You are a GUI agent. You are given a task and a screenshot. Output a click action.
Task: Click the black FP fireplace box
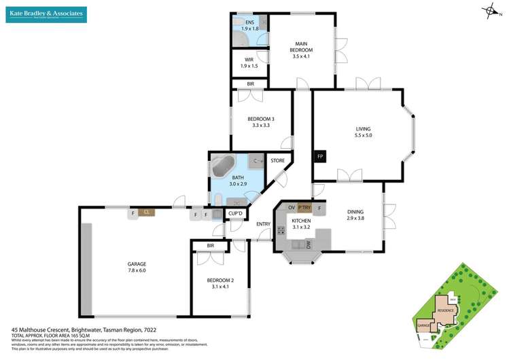[x=319, y=157]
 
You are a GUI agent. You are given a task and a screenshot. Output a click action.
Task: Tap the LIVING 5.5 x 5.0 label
[x=363, y=132]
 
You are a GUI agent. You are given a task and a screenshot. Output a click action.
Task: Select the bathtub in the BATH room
[x=222, y=167]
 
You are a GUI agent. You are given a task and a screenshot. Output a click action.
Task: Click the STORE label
[x=277, y=161]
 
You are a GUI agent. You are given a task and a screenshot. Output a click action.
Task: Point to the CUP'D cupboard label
[x=236, y=214]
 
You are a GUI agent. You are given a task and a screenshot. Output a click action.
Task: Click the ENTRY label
[x=263, y=225]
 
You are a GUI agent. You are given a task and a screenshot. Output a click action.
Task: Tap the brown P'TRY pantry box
[x=304, y=207]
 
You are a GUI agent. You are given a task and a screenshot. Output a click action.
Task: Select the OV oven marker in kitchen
[x=291, y=207]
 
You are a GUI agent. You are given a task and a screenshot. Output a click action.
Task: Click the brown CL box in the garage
[x=146, y=213]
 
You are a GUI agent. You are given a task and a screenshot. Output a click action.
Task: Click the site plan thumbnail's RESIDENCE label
[x=444, y=310]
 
